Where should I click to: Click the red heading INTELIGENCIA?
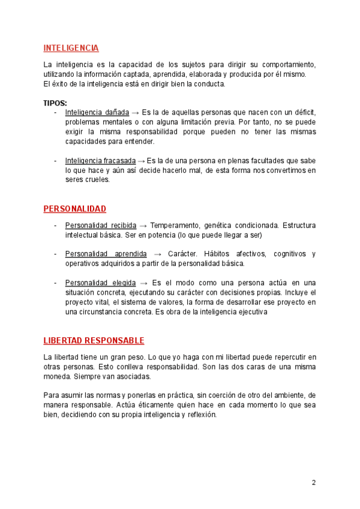[71, 48]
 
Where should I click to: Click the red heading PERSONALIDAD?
[74, 209]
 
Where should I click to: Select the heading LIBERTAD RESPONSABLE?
[94, 341]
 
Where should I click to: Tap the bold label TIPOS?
[55, 103]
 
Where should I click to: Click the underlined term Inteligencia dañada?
[97, 113]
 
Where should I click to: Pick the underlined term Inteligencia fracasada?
[100, 161]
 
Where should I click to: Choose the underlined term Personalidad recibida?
[100, 225]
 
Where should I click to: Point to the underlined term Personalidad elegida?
[99, 283]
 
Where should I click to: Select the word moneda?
[57, 376]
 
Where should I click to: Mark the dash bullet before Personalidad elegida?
[55, 283]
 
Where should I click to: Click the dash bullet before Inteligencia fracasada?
[55, 161]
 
